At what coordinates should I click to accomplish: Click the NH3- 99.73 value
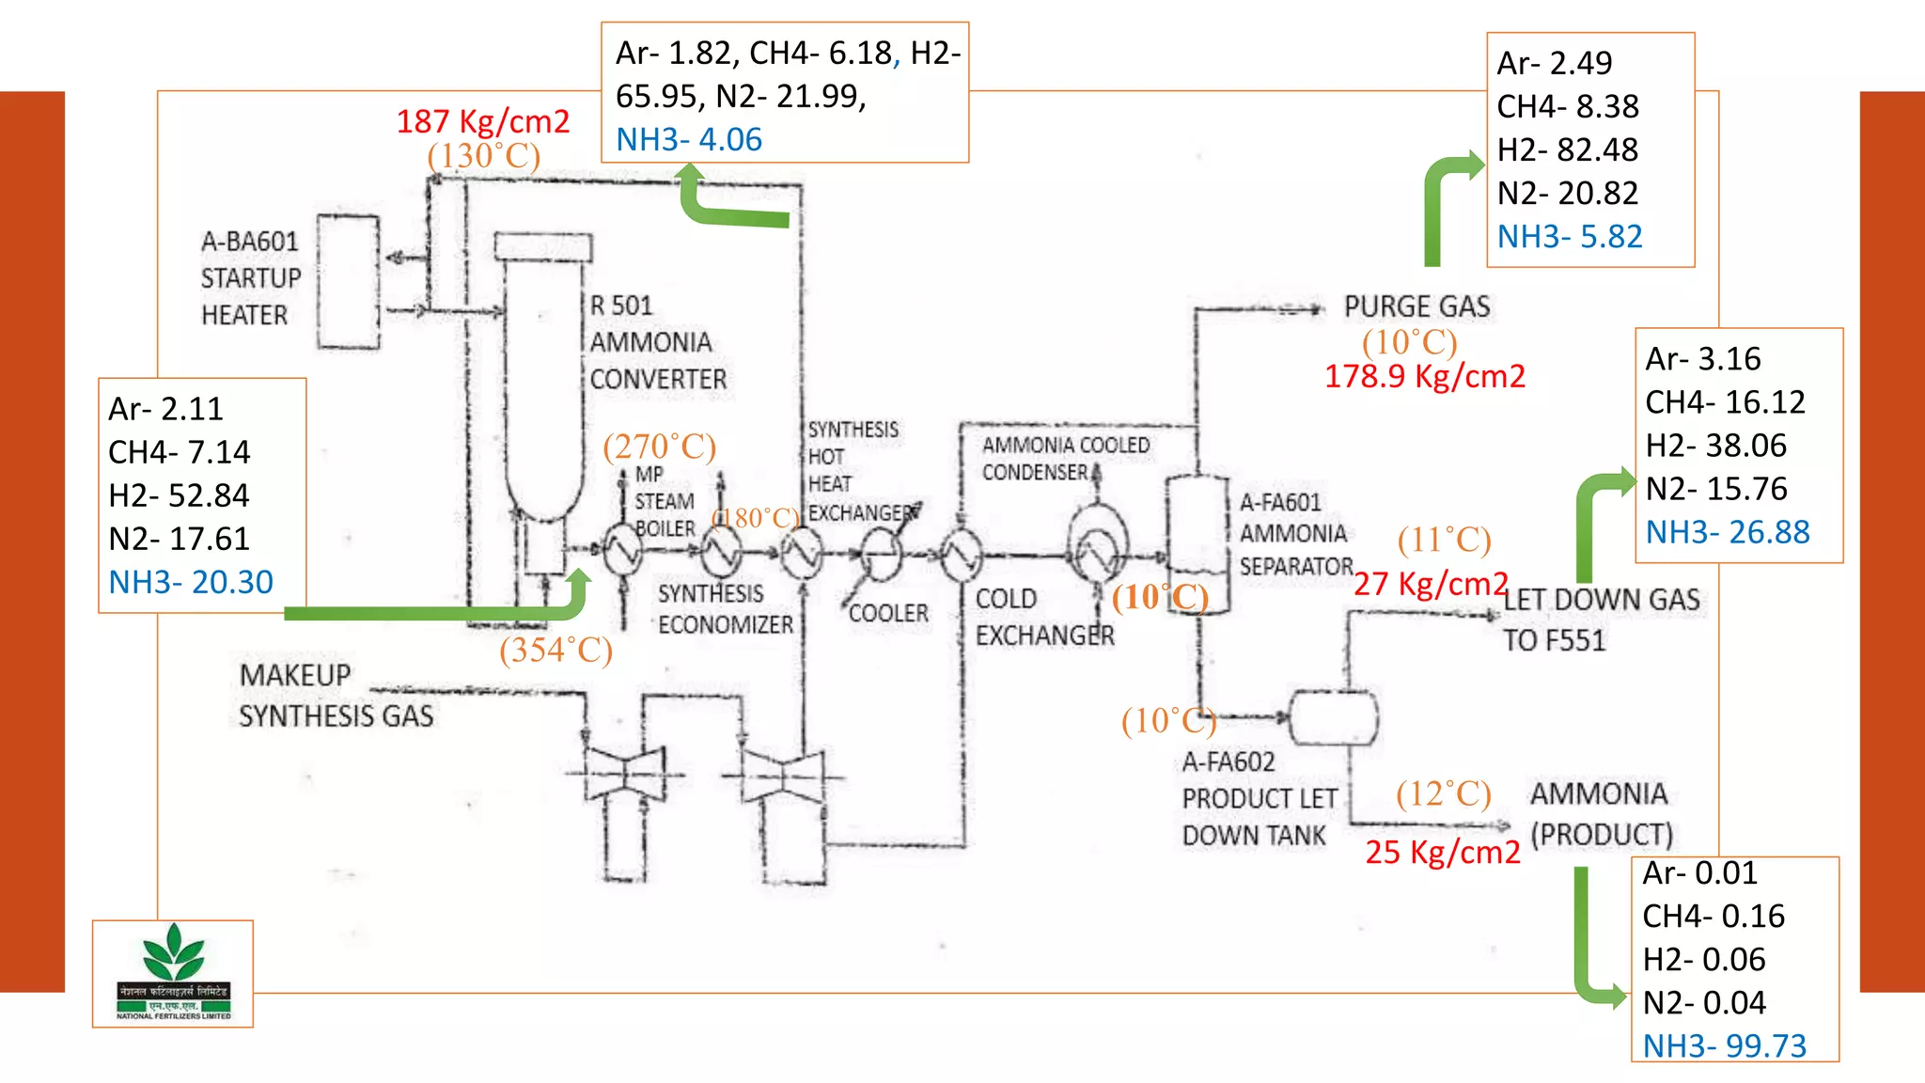pos(1724,1045)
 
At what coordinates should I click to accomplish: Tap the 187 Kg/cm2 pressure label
pos(482,121)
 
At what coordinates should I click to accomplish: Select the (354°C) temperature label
pos(556,650)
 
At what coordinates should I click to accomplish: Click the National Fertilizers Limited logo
pos(173,973)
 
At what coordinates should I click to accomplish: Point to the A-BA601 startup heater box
pos(348,282)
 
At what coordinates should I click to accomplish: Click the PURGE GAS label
pos(1416,306)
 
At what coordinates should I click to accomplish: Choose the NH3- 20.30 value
pos(191,582)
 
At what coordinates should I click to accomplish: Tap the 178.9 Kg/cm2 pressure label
pos(1424,376)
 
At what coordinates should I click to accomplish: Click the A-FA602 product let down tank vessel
pos(1333,718)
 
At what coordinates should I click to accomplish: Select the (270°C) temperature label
pos(659,446)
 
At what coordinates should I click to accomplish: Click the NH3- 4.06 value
pos(689,140)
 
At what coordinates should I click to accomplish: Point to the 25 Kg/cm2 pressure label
pos(1442,852)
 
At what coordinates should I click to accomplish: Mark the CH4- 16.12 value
pos(1725,402)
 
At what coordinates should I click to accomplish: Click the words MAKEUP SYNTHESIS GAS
pos(336,696)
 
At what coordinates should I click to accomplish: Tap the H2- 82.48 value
pos(1567,149)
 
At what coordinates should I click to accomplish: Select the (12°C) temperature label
pos(1443,793)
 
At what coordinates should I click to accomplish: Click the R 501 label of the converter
pos(620,306)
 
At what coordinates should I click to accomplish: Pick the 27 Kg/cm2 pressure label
pos(1430,584)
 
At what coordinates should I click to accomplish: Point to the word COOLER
pos(888,613)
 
